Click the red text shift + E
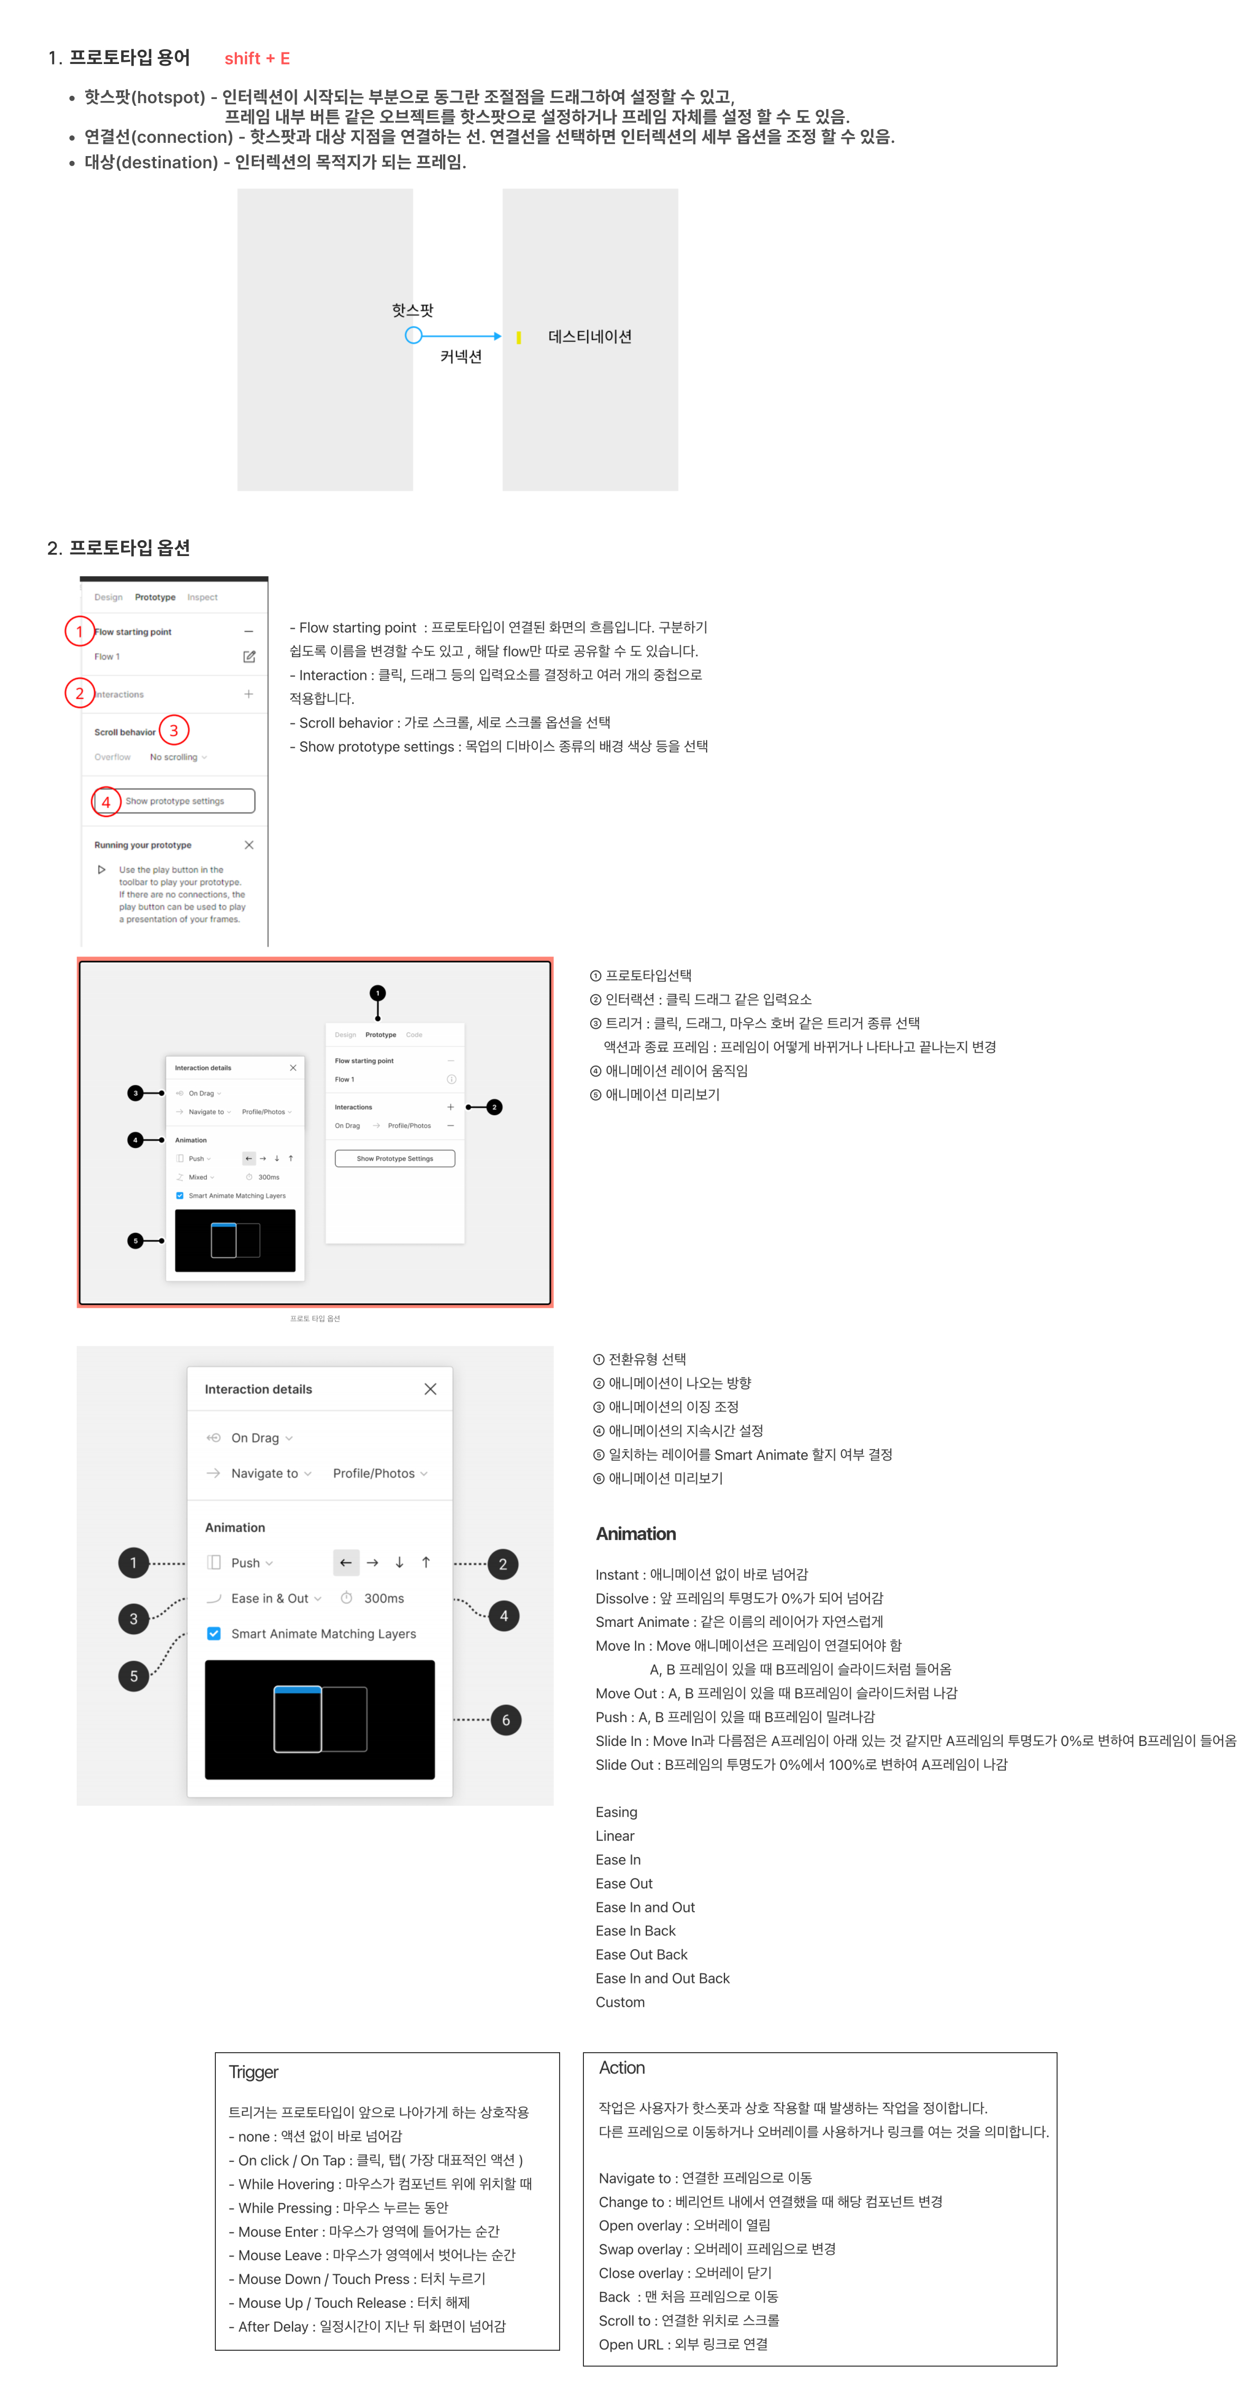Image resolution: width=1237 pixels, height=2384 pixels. click(256, 58)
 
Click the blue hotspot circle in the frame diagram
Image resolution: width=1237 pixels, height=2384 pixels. click(414, 335)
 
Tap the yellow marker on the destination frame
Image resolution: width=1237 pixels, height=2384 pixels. click(518, 338)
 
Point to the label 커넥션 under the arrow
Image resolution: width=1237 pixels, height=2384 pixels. click(461, 356)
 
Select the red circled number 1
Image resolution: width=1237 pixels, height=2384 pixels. click(79, 631)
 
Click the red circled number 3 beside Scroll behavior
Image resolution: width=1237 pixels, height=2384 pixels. click(174, 730)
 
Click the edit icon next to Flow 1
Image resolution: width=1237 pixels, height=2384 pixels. click(249, 656)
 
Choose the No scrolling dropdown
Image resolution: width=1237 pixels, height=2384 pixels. click(178, 757)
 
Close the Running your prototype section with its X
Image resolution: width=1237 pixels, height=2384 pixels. click(249, 845)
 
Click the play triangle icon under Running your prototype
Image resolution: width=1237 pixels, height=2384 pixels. click(102, 870)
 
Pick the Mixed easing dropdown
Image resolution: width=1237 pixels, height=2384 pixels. click(201, 1177)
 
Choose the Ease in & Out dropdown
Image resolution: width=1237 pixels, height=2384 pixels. click(276, 1598)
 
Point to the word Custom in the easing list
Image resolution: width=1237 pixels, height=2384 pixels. click(620, 2002)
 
